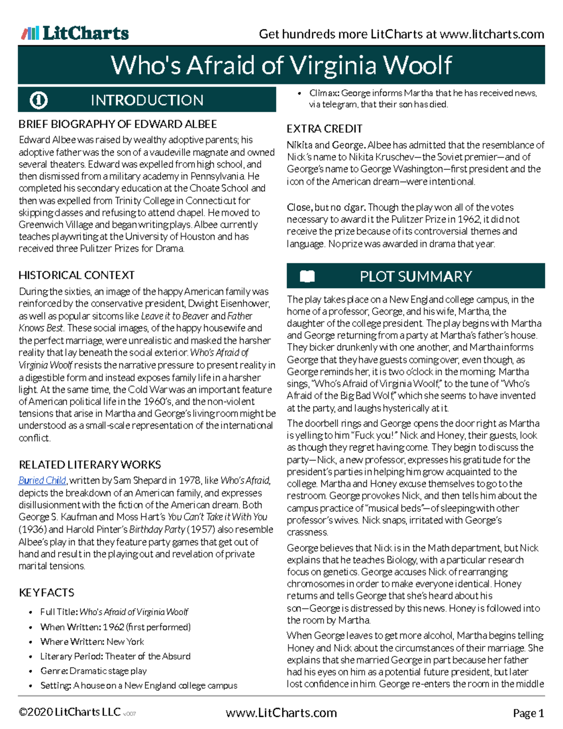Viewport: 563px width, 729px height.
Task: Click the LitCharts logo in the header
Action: point(75,33)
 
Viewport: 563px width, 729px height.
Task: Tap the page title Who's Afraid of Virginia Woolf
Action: point(281,65)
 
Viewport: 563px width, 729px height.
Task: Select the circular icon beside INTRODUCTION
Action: point(38,100)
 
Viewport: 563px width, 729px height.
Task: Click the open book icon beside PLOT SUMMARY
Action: point(307,276)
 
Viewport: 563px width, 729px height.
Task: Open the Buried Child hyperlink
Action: point(42,481)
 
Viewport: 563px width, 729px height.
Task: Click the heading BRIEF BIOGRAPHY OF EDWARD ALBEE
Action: point(117,124)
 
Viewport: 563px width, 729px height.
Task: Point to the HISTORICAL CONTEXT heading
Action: point(76,275)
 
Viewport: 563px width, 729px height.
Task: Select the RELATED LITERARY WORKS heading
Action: point(90,465)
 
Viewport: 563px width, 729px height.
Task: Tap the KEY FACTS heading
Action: point(46,592)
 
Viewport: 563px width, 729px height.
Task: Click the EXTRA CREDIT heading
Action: point(324,129)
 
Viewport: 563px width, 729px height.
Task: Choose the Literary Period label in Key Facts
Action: point(71,656)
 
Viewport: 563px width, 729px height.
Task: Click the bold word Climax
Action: point(324,93)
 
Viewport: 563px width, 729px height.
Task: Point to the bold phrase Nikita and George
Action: point(326,145)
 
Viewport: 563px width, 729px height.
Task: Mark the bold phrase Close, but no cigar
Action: point(327,207)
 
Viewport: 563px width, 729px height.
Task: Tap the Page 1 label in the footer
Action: point(528,714)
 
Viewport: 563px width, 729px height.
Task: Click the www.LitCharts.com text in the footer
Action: point(281,713)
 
